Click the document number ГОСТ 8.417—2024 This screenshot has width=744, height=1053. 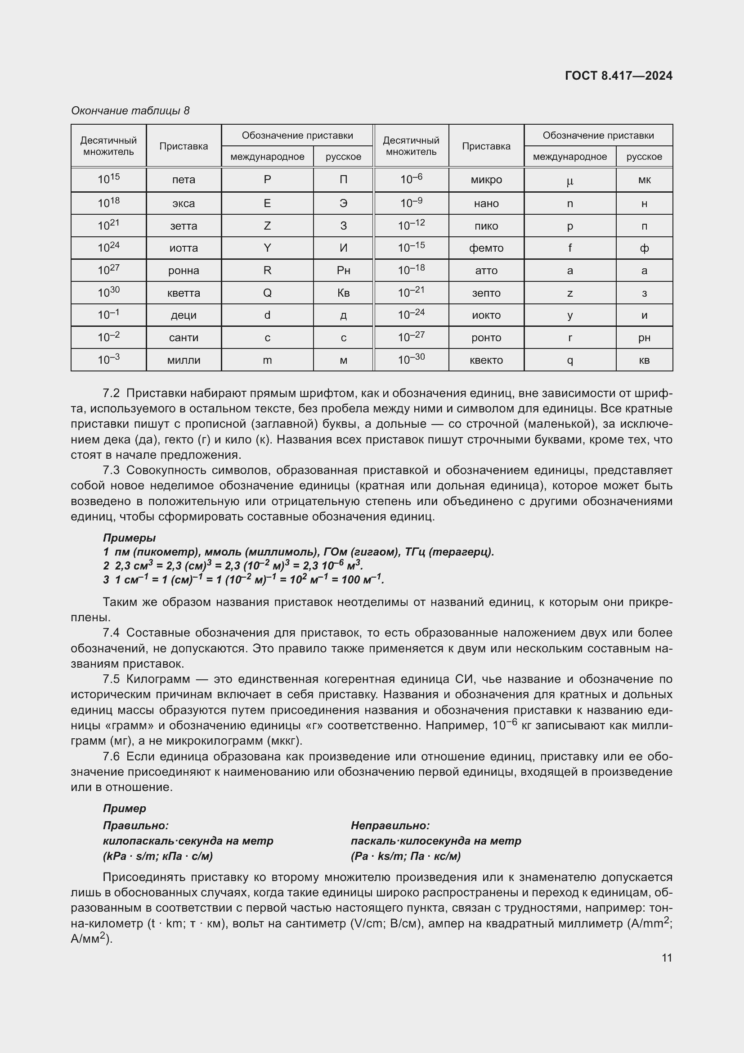click(x=618, y=76)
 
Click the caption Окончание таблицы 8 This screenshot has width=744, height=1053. click(x=130, y=111)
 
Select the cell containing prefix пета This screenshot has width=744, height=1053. click(x=183, y=180)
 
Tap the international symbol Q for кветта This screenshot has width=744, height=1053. click(x=267, y=293)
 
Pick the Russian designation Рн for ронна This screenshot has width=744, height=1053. click(x=343, y=271)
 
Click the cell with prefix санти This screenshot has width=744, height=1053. click(x=183, y=338)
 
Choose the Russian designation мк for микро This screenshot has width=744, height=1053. click(x=644, y=180)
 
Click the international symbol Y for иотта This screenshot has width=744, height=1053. click(x=267, y=248)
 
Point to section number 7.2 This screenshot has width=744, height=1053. click(x=111, y=393)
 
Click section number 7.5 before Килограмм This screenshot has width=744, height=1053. click(x=111, y=679)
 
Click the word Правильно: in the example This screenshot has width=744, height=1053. click(x=135, y=826)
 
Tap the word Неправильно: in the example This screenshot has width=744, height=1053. click(x=390, y=826)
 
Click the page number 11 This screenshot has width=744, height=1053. click(x=667, y=958)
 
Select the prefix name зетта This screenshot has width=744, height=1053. click(x=183, y=226)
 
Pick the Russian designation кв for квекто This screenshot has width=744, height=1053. click(x=644, y=360)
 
